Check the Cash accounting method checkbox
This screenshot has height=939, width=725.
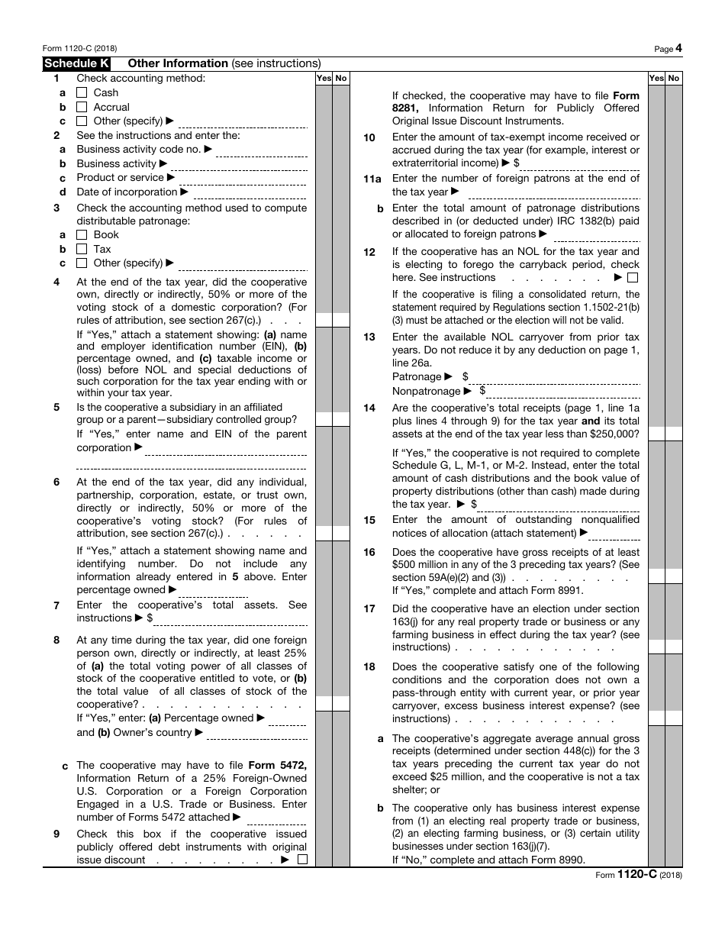[82, 93]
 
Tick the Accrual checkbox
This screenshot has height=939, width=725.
[82, 108]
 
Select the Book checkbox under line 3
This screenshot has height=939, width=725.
[82, 235]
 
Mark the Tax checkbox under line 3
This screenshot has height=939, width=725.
[82, 250]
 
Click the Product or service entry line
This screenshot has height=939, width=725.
[243, 179]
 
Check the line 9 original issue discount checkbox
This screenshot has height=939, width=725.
[302, 860]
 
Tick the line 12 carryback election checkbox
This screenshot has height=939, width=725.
[633, 278]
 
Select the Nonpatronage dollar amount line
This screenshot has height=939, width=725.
[563, 392]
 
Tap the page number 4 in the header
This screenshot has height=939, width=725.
[678, 48]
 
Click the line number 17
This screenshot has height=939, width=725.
[369, 609]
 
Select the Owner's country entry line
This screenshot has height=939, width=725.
[256, 734]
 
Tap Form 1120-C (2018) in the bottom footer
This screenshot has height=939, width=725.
[639, 875]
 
